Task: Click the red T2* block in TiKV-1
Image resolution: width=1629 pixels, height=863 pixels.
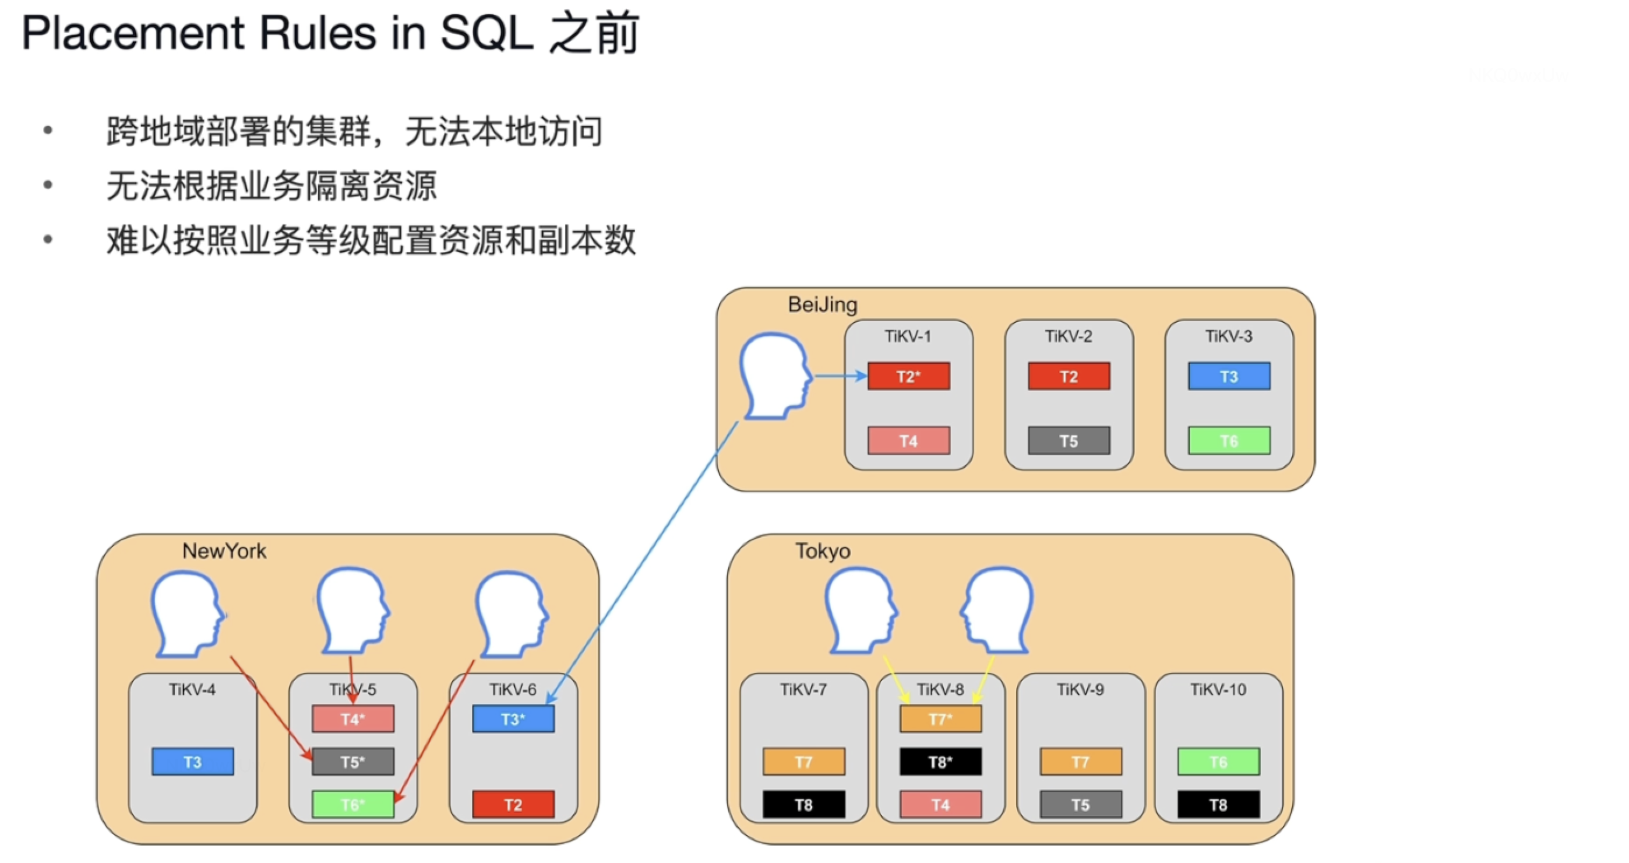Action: pos(908,377)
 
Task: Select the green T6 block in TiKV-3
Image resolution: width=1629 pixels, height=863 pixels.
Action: pos(1228,441)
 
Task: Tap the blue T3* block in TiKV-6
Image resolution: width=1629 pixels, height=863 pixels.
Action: pos(513,720)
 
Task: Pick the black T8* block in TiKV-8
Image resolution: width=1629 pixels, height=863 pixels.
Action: pos(940,762)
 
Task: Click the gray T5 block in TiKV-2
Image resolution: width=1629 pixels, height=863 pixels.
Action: pos(1068,441)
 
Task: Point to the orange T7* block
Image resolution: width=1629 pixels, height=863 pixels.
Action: pos(940,720)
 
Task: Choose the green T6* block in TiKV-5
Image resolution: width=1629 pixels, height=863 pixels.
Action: pos(353,805)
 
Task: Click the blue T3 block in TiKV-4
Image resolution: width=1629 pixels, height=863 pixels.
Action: pos(192,762)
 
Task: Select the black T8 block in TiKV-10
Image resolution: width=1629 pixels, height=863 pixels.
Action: pos(1218,805)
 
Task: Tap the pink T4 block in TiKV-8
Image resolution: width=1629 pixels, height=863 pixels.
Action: pos(940,805)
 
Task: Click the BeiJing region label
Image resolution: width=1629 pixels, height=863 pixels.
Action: pos(822,305)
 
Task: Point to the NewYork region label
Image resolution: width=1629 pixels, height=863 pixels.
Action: pos(224,551)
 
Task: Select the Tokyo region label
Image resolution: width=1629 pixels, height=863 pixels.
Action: pos(822,551)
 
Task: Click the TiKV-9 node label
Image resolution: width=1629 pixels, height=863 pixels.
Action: pos(1080,690)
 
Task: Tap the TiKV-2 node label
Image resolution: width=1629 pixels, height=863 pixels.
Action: pos(1068,336)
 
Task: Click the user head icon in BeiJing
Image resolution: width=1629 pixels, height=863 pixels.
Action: pos(774,377)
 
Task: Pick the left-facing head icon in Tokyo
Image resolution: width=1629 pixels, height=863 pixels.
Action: pos(997,611)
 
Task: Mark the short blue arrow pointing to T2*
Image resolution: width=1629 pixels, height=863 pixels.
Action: pos(840,377)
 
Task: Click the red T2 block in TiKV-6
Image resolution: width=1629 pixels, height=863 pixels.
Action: pos(513,805)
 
